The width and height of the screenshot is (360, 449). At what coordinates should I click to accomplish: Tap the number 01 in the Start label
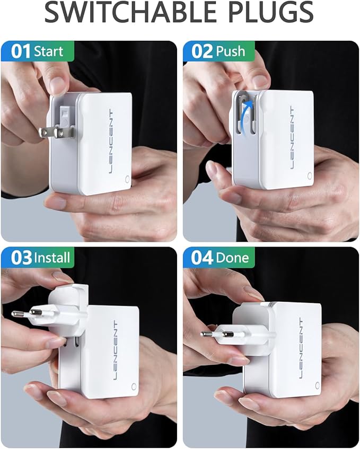pyautogui.click(x=21, y=51)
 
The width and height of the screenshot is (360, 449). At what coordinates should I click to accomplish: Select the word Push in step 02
pyautogui.click(x=231, y=51)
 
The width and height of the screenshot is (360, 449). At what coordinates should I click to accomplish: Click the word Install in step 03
pyautogui.click(x=52, y=258)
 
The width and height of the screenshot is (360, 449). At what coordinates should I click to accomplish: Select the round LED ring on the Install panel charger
pyautogui.click(x=134, y=388)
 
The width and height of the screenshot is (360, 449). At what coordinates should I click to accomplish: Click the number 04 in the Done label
pyautogui.click(x=202, y=258)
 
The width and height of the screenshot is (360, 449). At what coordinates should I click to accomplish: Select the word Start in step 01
pyautogui.click(x=48, y=51)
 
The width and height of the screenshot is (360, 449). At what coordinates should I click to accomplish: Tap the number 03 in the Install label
pyautogui.click(x=21, y=258)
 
